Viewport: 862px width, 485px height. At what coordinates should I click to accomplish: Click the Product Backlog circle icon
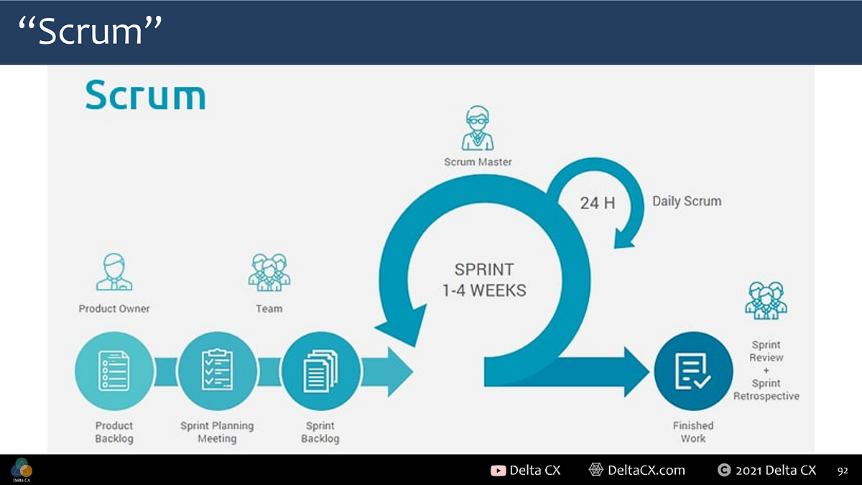[114, 371]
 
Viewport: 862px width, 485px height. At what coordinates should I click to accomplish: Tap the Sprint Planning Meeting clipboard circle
[217, 371]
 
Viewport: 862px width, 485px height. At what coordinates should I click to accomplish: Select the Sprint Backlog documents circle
[320, 371]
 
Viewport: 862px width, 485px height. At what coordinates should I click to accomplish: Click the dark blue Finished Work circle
[693, 371]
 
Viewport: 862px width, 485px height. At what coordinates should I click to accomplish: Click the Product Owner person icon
[114, 272]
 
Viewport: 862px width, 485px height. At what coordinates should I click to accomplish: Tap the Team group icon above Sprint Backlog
[269, 272]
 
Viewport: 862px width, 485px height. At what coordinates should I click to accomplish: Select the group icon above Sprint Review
[766, 300]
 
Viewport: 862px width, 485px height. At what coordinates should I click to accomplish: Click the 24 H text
[598, 203]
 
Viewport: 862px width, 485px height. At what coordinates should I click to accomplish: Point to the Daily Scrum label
[686, 201]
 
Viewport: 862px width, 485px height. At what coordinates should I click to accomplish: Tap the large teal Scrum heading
[145, 96]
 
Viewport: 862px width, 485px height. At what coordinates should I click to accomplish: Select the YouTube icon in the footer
[498, 471]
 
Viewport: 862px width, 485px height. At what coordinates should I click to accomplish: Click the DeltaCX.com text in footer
[646, 471]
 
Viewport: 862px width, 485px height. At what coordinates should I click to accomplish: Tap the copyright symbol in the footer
[724, 471]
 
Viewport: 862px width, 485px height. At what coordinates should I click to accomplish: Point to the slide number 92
[843, 471]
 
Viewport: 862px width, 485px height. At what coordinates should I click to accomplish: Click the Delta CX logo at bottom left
[22, 468]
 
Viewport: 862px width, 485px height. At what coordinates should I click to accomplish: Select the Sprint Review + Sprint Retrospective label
[766, 371]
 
